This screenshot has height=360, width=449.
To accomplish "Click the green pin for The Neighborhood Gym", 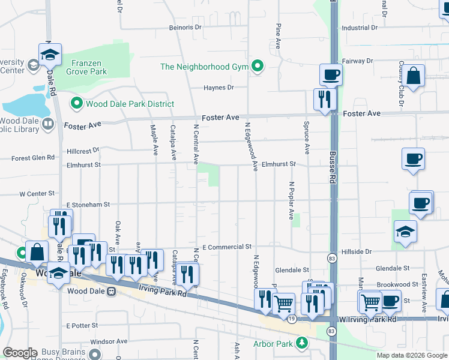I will pos(258,66).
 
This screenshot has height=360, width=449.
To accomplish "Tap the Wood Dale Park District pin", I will pos(76,104).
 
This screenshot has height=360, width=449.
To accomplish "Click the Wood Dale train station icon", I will pos(111,292).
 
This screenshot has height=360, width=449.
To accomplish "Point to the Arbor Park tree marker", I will pos(303,344).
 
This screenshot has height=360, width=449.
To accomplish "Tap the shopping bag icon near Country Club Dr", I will pos(414,76).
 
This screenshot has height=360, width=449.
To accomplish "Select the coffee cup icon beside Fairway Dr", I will pos(330,75).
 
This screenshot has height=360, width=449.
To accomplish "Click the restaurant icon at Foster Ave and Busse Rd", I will pos(325,98).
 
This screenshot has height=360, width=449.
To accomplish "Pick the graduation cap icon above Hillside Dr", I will pos(406,232).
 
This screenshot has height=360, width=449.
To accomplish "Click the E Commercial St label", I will pos(227,247).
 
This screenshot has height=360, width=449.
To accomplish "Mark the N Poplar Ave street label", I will pos(291,200).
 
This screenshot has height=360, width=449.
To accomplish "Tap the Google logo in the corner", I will pos(20,353).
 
